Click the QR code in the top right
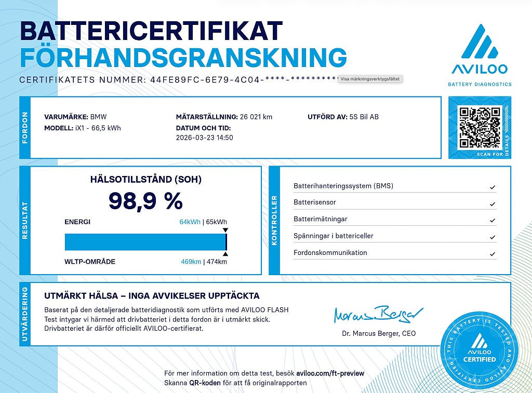tap(480, 127)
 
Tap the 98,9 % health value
tap(145, 200)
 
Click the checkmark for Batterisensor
tap(492, 204)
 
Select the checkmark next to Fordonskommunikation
tap(492, 254)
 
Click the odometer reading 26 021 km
tap(256, 117)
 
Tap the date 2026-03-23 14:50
tap(205, 138)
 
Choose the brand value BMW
tap(99, 117)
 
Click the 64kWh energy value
tap(190, 222)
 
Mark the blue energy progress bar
tap(145, 242)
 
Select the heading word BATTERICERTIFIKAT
tap(151, 32)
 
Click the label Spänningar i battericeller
tap(334, 236)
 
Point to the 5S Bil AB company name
tap(364, 117)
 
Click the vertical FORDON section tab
tap(25, 127)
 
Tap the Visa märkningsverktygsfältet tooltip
tap(371, 79)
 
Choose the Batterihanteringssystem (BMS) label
tap(343, 186)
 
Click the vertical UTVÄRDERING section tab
tap(25, 314)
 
